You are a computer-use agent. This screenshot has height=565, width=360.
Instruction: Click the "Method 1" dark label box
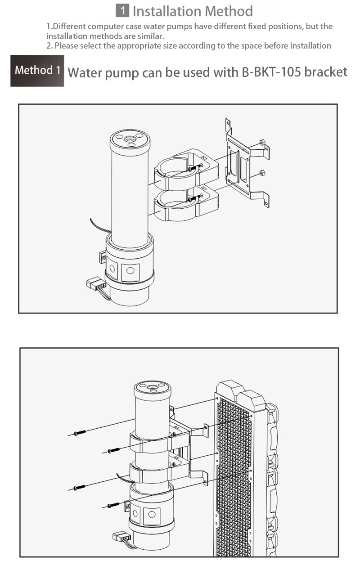point(37,71)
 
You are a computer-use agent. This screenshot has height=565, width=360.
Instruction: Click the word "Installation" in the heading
point(166,11)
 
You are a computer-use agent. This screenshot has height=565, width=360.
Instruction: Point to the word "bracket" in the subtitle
point(326,72)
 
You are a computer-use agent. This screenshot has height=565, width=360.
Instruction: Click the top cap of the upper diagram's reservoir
point(129,138)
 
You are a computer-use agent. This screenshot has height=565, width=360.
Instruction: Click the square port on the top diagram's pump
point(130,271)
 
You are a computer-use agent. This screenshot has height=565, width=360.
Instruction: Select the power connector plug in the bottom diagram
point(120,536)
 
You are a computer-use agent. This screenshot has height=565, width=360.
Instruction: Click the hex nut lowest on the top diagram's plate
point(261,173)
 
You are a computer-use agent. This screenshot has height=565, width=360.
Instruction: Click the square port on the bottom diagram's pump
point(152,514)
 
